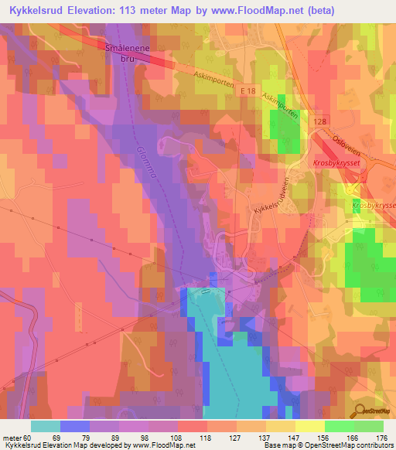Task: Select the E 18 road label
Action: (247, 93)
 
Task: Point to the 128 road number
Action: (322, 122)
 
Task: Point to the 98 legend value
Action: (134, 437)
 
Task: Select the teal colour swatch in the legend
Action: (46, 426)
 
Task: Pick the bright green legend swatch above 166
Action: (339, 426)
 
